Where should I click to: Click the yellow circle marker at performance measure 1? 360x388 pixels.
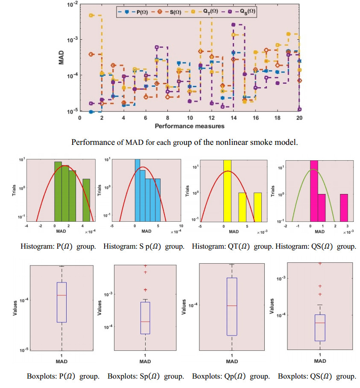coord(91,15)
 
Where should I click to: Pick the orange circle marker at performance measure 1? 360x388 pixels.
coord(91,54)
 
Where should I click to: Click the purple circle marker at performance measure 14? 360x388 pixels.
coord(233,25)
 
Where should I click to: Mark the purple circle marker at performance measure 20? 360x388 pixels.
coord(300,109)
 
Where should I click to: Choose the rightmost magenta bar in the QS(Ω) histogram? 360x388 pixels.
coord(344,207)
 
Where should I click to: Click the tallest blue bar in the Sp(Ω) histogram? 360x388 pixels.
coord(137,190)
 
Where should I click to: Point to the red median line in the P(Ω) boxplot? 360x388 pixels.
coord(61,295)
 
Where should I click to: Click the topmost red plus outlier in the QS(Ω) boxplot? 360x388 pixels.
coord(320,264)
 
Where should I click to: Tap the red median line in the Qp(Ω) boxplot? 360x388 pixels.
coord(232,306)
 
